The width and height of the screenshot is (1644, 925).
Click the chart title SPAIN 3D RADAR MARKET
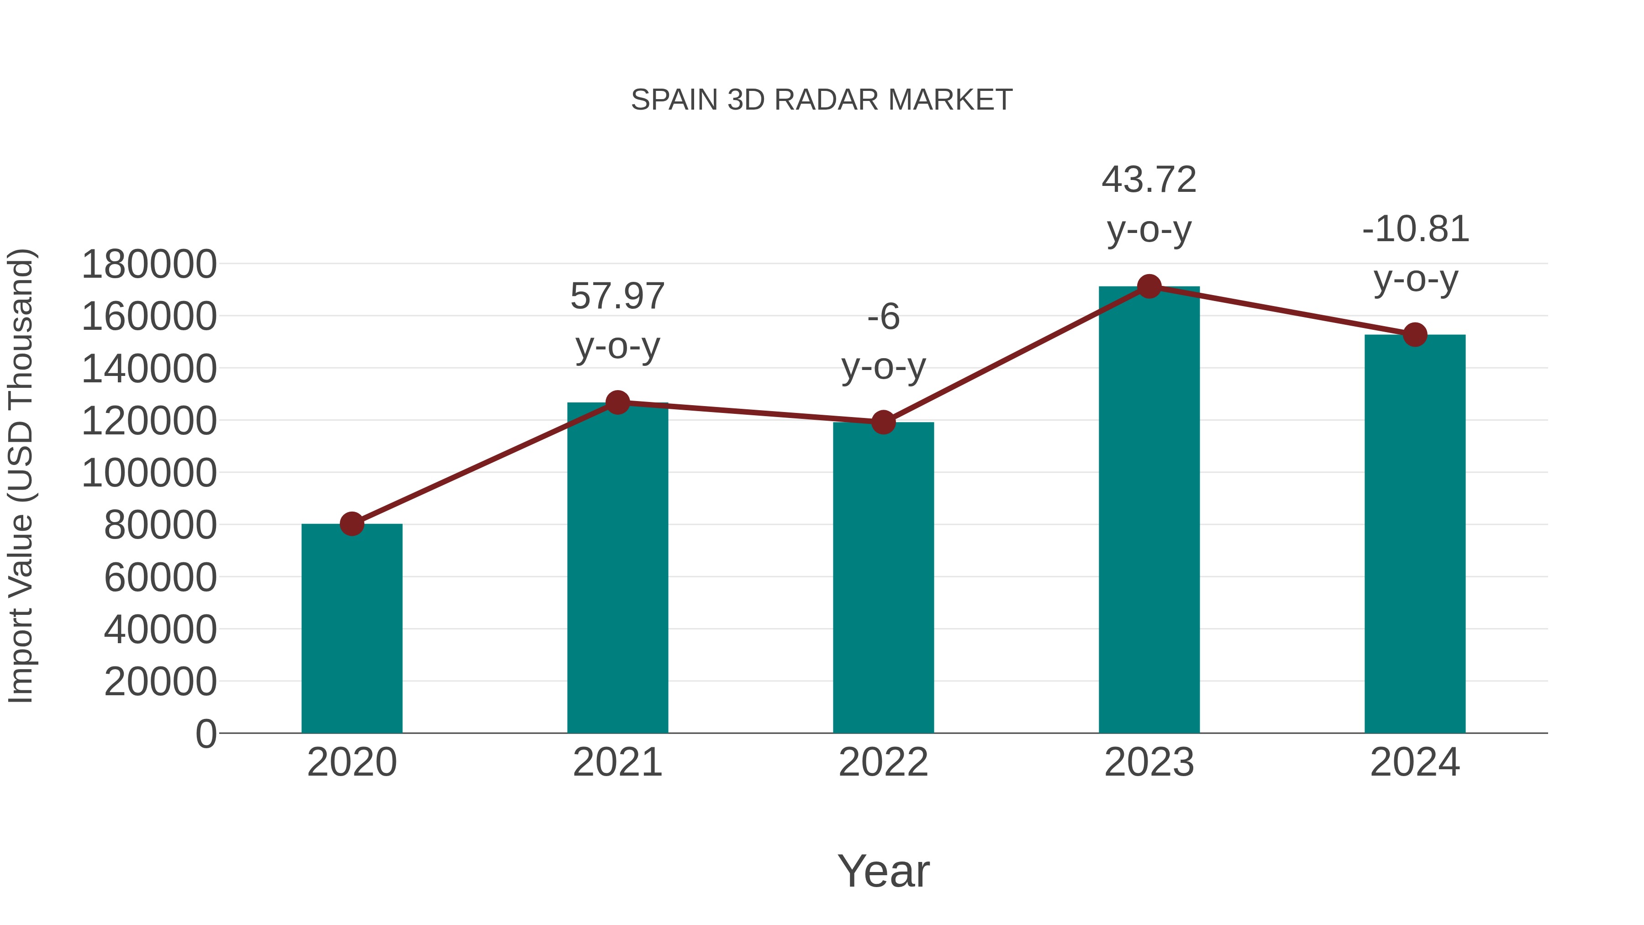click(822, 100)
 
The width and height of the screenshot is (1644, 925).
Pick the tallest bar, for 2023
click(1149, 511)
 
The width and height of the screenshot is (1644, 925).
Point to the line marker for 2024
click(1415, 334)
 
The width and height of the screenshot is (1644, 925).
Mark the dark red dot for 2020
click(352, 524)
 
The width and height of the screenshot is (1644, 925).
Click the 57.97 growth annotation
click(617, 297)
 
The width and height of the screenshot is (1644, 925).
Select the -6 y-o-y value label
click(883, 317)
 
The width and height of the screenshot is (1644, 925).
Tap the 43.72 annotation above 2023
click(1149, 180)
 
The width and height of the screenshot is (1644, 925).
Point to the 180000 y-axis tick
click(149, 264)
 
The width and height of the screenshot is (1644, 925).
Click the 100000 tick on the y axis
click(149, 473)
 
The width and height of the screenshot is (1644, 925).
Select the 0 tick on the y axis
click(206, 734)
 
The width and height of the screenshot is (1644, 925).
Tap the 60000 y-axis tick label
click(160, 578)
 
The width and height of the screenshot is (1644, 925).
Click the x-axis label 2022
click(883, 762)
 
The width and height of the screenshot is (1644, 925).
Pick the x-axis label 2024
click(1415, 762)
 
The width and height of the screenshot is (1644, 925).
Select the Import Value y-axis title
click(21, 476)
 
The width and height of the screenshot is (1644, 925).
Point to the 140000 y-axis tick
click(149, 369)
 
